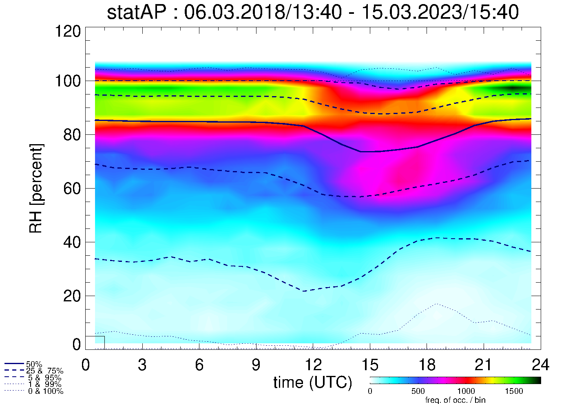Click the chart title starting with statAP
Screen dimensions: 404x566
(313, 12)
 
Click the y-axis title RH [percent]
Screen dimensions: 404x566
(36, 188)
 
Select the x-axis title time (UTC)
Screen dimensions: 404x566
(313, 382)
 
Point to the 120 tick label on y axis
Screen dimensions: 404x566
(68, 31)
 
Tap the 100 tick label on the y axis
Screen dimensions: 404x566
(68, 81)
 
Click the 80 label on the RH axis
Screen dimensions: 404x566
(73, 135)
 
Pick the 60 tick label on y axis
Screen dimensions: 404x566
(73, 189)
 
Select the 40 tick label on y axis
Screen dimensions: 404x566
(73, 242)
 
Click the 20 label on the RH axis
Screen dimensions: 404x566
(73, 296)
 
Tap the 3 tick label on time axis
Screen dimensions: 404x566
(142, 365)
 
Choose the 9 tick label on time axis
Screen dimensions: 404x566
(256, 365)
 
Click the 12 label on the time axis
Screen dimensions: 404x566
(313, 365)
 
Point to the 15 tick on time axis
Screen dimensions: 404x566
(370, 365)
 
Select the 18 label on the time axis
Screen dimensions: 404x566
(427, 365)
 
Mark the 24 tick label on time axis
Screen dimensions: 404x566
(540, 365)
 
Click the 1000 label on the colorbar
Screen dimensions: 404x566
(466, 391)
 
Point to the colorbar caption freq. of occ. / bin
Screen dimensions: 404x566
(455, 400)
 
